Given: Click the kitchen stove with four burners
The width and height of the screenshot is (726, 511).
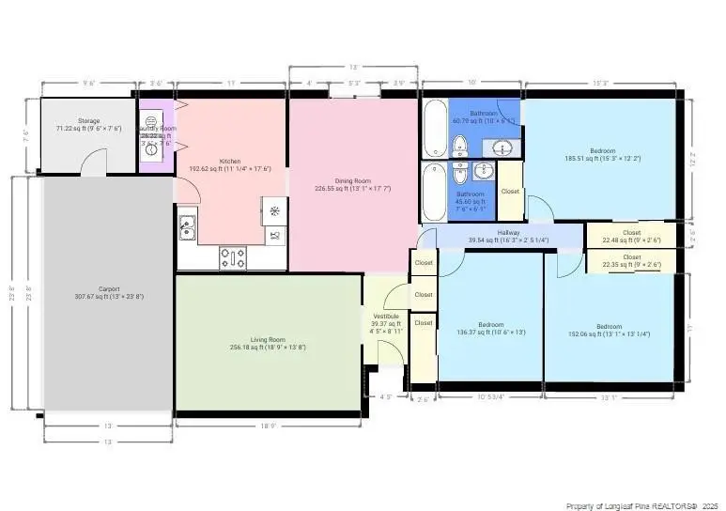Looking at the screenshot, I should pos(233,255).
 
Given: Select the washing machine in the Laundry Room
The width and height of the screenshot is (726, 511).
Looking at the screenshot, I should pos(150,126).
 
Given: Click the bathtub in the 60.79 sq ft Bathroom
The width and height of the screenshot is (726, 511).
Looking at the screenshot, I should pos(435,129).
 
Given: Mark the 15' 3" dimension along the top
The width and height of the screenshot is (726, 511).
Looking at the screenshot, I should pos(604,83).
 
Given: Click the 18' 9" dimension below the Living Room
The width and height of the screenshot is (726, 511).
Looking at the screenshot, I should pos(269,426).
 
